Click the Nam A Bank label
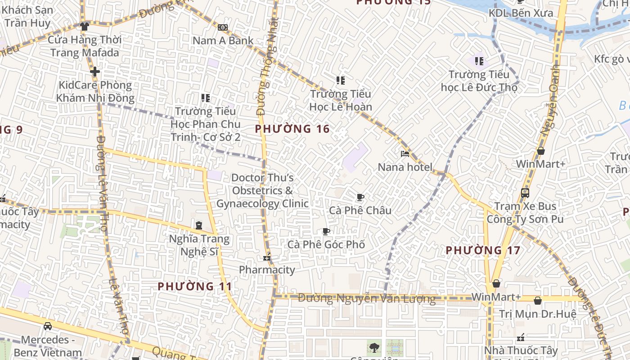(223, 40)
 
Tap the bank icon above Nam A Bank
(223, 27)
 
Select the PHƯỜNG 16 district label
(292, 129)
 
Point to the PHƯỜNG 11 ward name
(195, 286)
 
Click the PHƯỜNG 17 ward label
(483, 250)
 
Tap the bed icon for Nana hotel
(405, 154)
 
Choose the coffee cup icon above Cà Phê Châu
(360, 197)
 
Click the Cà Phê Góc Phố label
(326, 245)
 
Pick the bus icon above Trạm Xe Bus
(525, 193)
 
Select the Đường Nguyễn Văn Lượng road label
(367, 298)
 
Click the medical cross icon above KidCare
(94, 72)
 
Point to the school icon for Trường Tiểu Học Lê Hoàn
(341, 81)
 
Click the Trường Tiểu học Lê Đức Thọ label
(479, 81)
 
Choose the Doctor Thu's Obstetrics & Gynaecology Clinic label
(262, 191)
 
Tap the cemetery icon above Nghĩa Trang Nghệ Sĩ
(199, 225)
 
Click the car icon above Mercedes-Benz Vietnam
(48, 326)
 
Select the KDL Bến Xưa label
(521, 13)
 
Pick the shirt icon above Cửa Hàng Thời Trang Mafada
(84, 27)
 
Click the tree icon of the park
(373, 347)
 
